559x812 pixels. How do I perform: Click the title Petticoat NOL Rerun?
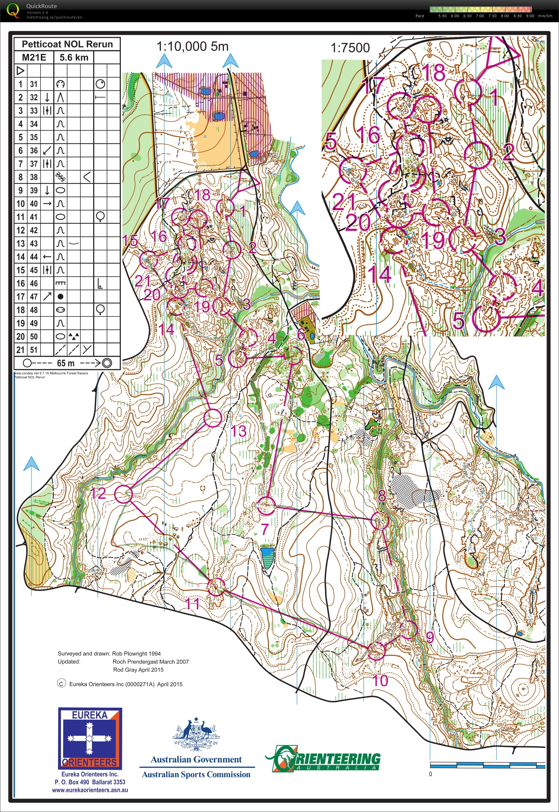[67, 44]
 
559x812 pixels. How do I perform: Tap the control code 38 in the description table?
[34, 177]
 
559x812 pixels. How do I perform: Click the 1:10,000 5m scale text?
[192, 46]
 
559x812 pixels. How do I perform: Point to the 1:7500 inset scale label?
[350, 48]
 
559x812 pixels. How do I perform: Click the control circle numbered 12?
[124, 494]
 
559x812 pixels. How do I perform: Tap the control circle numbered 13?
[213, 418]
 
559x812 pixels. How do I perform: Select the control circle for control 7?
[266, 505]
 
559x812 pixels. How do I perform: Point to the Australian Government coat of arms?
[196, 734]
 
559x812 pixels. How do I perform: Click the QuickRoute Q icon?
[13, 10]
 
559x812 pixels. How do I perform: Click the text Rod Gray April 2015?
[138, 670]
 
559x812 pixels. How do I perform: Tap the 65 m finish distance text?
[65, 363]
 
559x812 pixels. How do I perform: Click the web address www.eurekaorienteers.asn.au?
[90, 790]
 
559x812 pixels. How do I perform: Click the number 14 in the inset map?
[379, 274]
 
